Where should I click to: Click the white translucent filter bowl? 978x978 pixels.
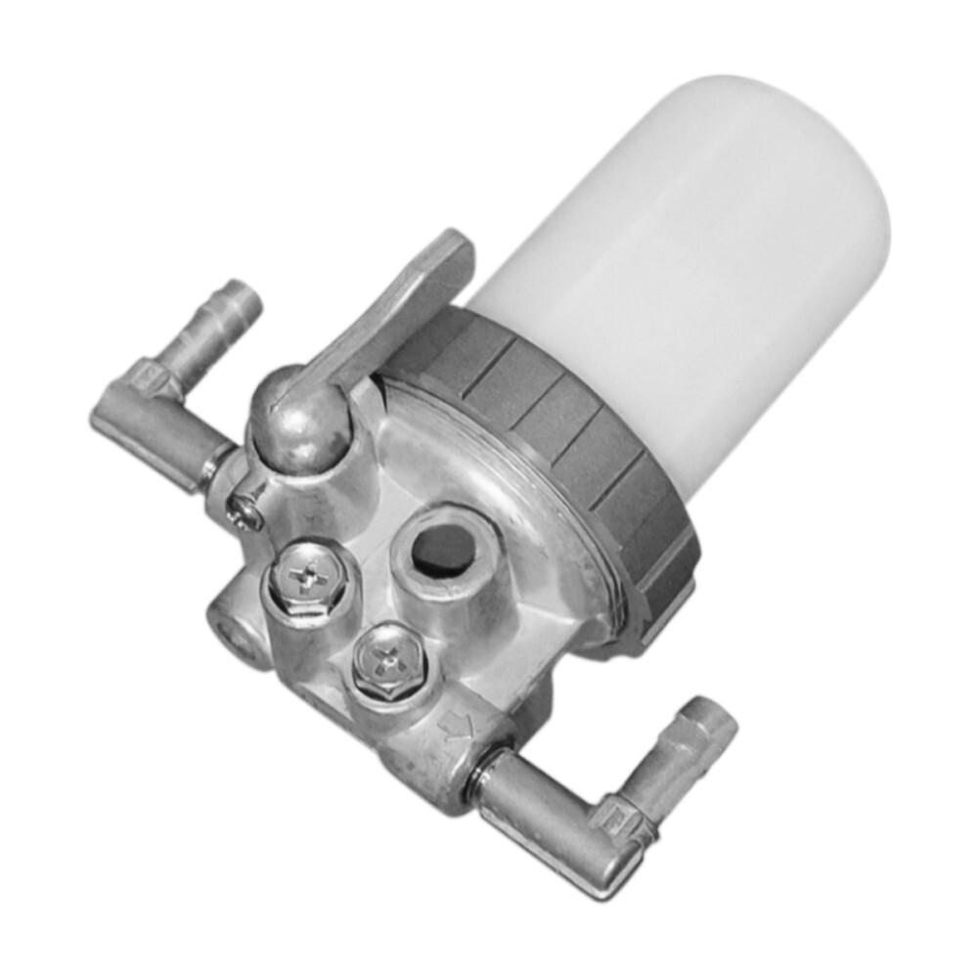(685, 264)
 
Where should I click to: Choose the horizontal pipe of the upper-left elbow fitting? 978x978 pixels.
(156, 430)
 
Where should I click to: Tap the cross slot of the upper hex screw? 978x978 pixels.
(311, 580)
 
